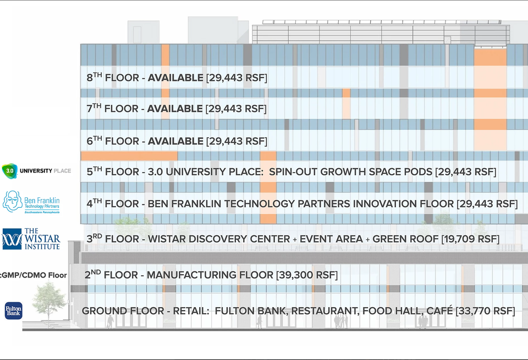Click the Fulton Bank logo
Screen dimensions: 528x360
(13, 311)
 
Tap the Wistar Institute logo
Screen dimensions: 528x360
(31, 239)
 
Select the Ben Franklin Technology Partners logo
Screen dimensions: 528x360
(31, 202)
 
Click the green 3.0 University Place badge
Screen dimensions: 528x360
(9, 171)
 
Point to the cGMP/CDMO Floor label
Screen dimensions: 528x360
(34, 275)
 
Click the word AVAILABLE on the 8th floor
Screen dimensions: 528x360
(175, 77)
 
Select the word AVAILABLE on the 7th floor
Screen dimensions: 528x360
(175, 109)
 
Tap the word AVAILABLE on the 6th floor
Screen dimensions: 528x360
(175, 141)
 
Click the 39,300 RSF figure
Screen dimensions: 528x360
(307, 275)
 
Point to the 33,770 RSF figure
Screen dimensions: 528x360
(485, 311)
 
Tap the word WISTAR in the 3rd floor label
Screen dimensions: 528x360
(167, 239)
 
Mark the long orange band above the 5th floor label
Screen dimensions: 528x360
(129, 156)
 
